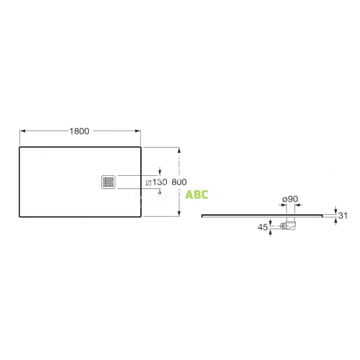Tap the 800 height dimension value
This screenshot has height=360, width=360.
pyautogui.click(x=179, y=182)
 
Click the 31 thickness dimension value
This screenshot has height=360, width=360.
pyautogui.click(x=343, y=215)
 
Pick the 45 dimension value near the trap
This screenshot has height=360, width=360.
pyautogui.click(x=262, y=227)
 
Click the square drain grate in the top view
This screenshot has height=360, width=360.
pyautogui.click(x=109, y=181)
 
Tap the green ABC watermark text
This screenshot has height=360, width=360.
pyautogui.click(x=197, y=194)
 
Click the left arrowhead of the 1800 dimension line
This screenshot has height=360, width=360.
pyautogui.click(x=23, y=131)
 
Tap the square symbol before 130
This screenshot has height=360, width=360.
pyautogui.click(x=148, y=182)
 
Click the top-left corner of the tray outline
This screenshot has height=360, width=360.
pyautogui.click(x=20, y=147)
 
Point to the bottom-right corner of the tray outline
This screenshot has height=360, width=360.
pyautogui.click(x=140, y=215)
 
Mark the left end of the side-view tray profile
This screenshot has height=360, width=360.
pyautogui.click(x=202, y=215)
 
